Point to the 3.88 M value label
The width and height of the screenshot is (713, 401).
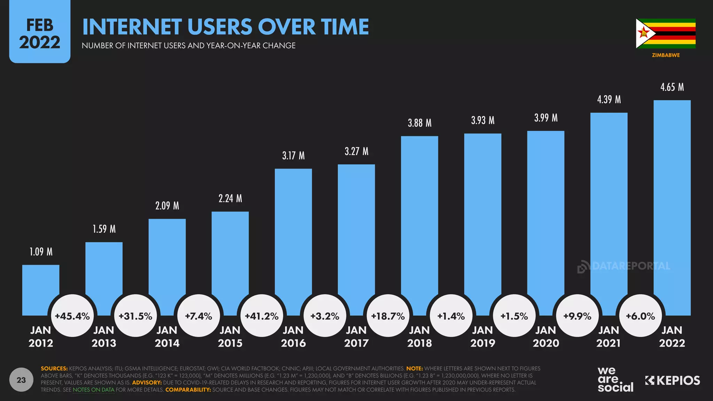pyautogui.click(x=420, y=123)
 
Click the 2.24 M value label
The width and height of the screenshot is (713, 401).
pyautogui.click(x=230, y=198)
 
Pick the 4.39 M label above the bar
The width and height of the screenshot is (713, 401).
pyautogui.click(x=609, y=100)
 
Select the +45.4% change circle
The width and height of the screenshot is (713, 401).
pyautogui.click(x=72, y=316)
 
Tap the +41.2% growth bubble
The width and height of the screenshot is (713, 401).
pyautogui.click(x=262, y=316)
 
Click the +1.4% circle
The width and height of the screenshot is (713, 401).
pyautogui.click(x=451, y=316)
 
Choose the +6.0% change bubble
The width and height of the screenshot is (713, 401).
pyautogui.click(x=641, y=316)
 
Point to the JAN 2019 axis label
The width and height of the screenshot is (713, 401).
pyautogui.click(x=483, y=336)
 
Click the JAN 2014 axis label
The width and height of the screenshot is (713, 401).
pyautogui.click(x=167, y=336)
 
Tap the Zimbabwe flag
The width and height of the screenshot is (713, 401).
pyautogui.click(x=666, y=33)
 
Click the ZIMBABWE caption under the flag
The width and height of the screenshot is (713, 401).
pyautogui.click(x=666, y=55)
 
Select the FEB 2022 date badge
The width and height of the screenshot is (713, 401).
pyautogui.click(x=40, y=34)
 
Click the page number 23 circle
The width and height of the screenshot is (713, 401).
pyautogui.click(x=21, y=380)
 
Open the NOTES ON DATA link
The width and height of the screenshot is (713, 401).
pyautogui.click(x=93, y=390)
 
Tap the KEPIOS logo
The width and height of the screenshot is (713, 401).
pyautogui.click(x=673, y=380)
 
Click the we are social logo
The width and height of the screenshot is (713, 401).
pyautogui.click(x=615, y=379)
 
